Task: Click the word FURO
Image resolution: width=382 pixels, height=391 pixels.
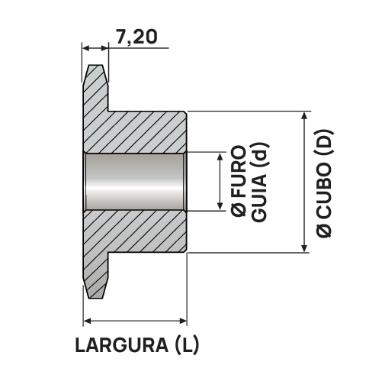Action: tap(237, 173)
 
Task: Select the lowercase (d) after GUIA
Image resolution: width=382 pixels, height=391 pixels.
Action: tap(259, 156)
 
